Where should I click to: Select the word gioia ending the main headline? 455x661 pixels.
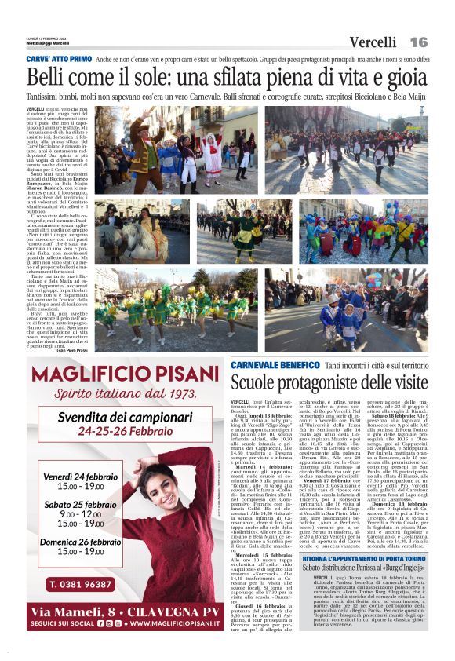(405, 78)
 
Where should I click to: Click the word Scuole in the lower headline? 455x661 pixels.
(255, 383)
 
